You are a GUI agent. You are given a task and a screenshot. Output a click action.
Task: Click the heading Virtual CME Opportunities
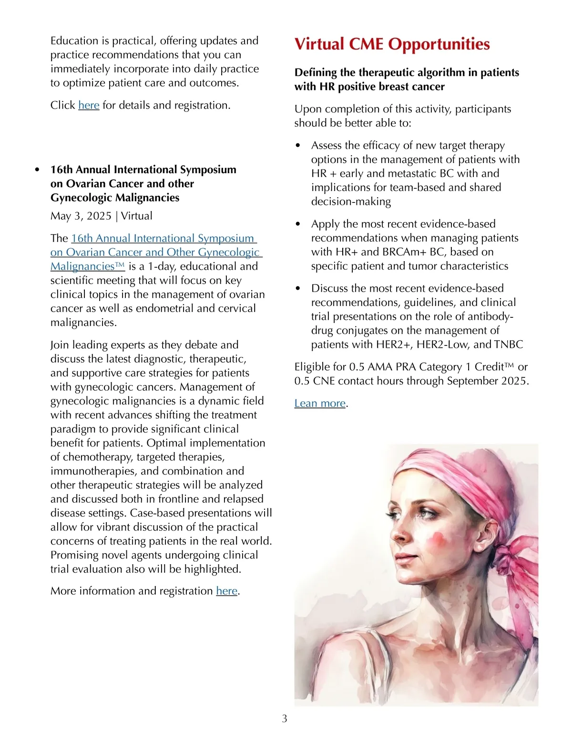click(392, 44)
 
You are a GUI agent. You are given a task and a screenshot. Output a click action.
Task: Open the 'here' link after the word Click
click(89, 105)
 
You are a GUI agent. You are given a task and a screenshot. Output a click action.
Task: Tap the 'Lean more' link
click(320, 404)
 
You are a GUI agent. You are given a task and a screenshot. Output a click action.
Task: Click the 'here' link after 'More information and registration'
click(226, 591)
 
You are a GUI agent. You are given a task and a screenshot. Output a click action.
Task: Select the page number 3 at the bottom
click(285, 719)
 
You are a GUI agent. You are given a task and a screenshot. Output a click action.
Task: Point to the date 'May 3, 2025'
click(81, 216)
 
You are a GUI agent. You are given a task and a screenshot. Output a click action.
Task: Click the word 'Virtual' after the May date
click(137, 216)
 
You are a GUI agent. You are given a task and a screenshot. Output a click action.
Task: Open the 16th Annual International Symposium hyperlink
click(163, 238)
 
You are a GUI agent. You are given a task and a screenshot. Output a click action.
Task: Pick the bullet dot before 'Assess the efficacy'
click(298, 146)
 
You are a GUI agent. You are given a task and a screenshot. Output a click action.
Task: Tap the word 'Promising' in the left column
click(73, 555)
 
